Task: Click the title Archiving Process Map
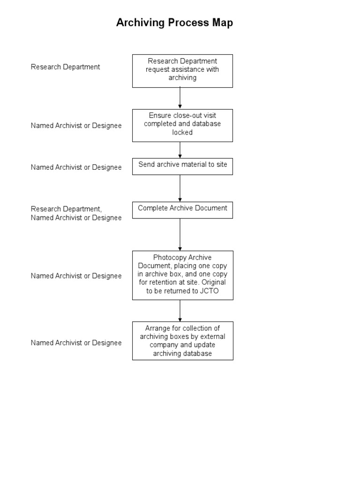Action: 174,22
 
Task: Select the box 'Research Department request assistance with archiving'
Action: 182,70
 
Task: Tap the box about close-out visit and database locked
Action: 182,125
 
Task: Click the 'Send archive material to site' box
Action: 182,166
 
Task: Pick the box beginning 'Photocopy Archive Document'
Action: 182,275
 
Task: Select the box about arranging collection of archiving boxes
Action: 182,341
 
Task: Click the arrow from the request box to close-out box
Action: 180,98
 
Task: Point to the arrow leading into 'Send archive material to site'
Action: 180,150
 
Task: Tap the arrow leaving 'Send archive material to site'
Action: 180,188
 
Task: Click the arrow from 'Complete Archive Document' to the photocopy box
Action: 180,234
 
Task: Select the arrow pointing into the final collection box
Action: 180,310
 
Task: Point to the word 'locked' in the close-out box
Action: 182,133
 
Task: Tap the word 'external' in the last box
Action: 212,336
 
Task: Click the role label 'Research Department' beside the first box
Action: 65,67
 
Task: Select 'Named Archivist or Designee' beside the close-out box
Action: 76,126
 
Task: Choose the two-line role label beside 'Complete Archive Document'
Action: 76,213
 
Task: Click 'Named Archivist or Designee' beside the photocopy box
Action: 76,276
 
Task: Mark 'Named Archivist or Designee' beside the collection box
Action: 76,343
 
